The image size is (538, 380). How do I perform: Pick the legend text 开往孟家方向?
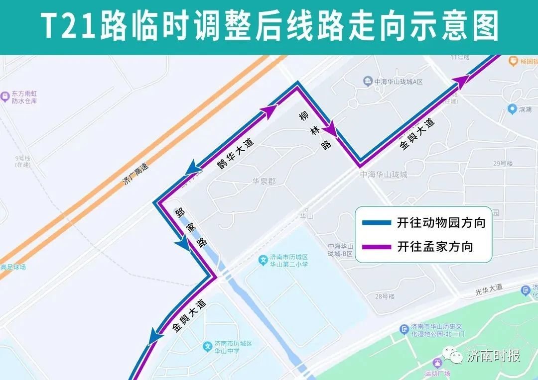click(x=434, y=246)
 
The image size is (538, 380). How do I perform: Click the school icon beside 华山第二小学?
click(x=263, y=260)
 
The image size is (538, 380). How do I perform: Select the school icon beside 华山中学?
click(x=208, y=346)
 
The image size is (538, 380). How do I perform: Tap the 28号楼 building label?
click(x=385, y=296)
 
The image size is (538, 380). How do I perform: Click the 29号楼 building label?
click(x=503, y=163)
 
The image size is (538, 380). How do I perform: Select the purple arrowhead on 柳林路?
click(x=330, y=130)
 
